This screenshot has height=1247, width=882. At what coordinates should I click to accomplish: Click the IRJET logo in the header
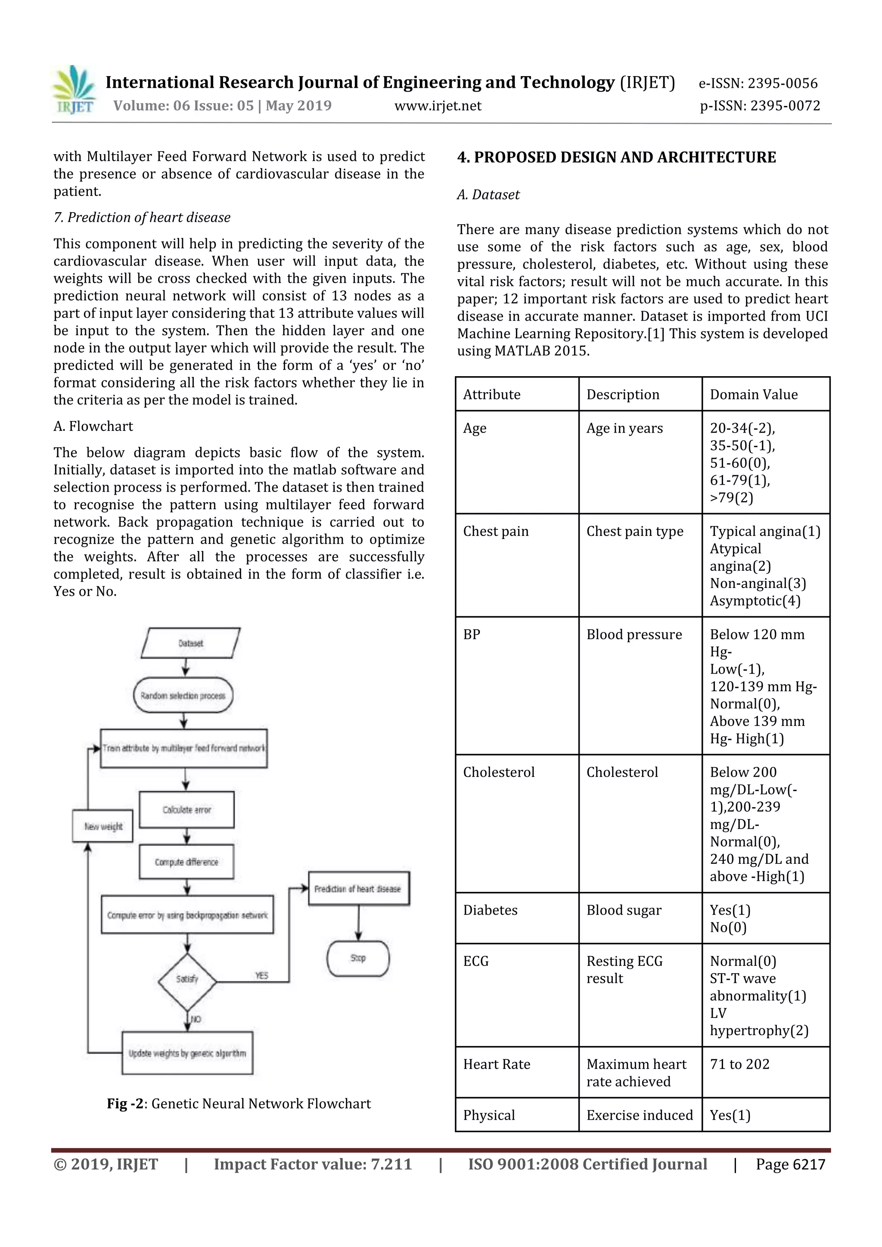[x=75, y=90]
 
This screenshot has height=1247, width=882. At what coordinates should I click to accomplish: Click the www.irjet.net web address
[x=438, y=106]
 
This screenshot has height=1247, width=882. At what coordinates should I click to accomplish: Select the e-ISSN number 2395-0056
[x=758, y=83]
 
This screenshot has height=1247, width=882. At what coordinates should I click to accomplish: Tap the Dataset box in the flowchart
[x=190, y=643]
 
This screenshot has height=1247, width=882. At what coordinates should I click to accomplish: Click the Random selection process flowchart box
[x=183, y=695]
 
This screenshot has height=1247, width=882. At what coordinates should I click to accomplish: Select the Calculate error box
[x=186, y=809]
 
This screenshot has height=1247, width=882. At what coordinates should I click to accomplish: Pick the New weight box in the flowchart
[x=102, y=826]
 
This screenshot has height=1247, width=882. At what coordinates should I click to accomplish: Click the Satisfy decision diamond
[x=187, y=979]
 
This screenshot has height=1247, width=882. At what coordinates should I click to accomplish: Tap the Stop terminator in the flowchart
[x=357, y=958]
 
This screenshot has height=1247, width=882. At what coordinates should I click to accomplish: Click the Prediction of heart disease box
[x=358, y=888]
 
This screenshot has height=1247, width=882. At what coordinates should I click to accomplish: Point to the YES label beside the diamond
[x=262, y=975]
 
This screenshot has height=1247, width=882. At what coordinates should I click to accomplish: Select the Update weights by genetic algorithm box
[x=187, y=1053]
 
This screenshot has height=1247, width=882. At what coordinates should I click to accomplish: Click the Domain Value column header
[x=753, y=394]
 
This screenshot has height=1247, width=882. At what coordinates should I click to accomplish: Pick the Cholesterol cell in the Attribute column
[x=498, y=772]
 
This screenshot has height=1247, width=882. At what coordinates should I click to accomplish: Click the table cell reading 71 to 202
[x=739, y=1064]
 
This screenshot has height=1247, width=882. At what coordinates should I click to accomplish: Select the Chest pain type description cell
[x=634, y=531]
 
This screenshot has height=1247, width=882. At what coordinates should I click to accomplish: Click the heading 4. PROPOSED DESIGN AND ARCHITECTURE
[x=616, y=158]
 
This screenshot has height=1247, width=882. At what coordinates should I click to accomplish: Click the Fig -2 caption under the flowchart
[x=239, y=1104]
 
